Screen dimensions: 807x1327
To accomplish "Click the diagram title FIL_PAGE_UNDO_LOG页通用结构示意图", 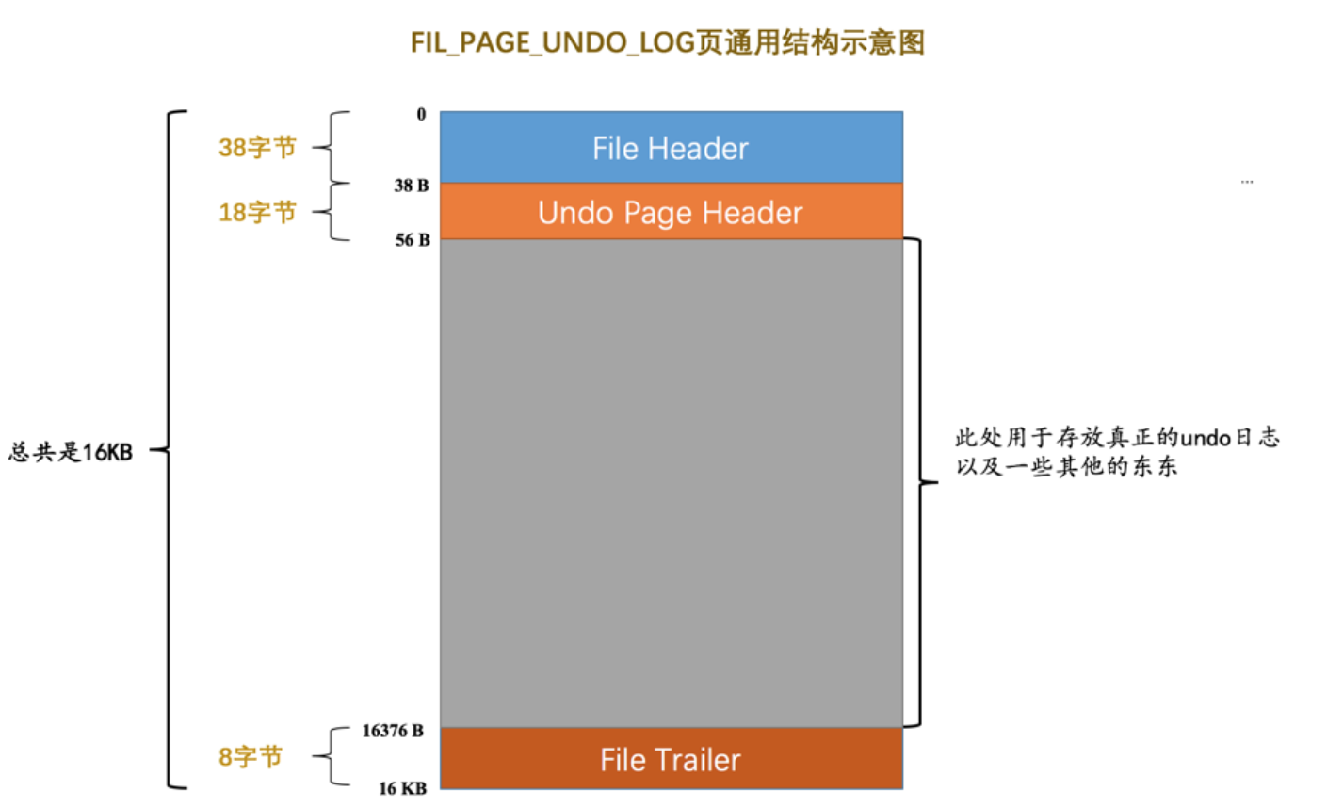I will click(x=668, y=42).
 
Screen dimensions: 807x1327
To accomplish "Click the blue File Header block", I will click(x=671, y=148).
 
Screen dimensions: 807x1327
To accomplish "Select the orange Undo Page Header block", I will click(x=671, y=212).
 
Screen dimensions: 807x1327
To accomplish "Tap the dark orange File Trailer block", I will click(x=671, y=759).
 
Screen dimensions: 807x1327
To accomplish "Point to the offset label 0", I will click(x=421, y=115).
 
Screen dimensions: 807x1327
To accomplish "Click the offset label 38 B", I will click(x=412, y=186).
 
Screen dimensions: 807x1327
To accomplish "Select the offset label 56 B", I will click(x=413, y=240).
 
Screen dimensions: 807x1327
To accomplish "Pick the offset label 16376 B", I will click(x=393, y=731).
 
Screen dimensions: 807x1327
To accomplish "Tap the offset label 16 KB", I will click(x=402, y=788).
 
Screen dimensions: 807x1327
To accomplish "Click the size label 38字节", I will click(x=257, y=147).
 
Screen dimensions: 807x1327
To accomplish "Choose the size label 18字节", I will click(x=257, y=212).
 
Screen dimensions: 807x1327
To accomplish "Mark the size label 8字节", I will click(x=251, y=756).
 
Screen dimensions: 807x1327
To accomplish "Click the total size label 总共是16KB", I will click(x=71, y=452).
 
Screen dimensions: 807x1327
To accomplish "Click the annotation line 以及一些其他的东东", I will click(x=1066, y=467).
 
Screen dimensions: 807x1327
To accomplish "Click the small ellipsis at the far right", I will click(x=1247, y=181).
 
